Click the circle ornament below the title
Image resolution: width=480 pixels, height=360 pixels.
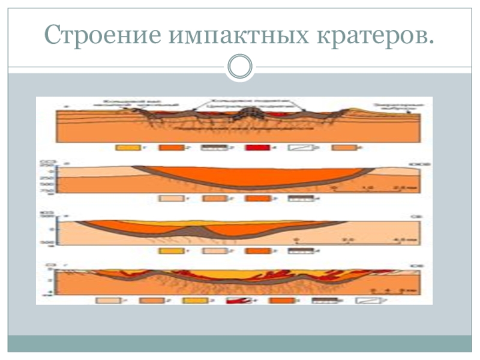(240, 66)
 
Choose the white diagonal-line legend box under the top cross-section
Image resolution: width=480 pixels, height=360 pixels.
(298, 146)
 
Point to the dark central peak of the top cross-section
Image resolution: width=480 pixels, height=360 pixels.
(248, 113)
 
